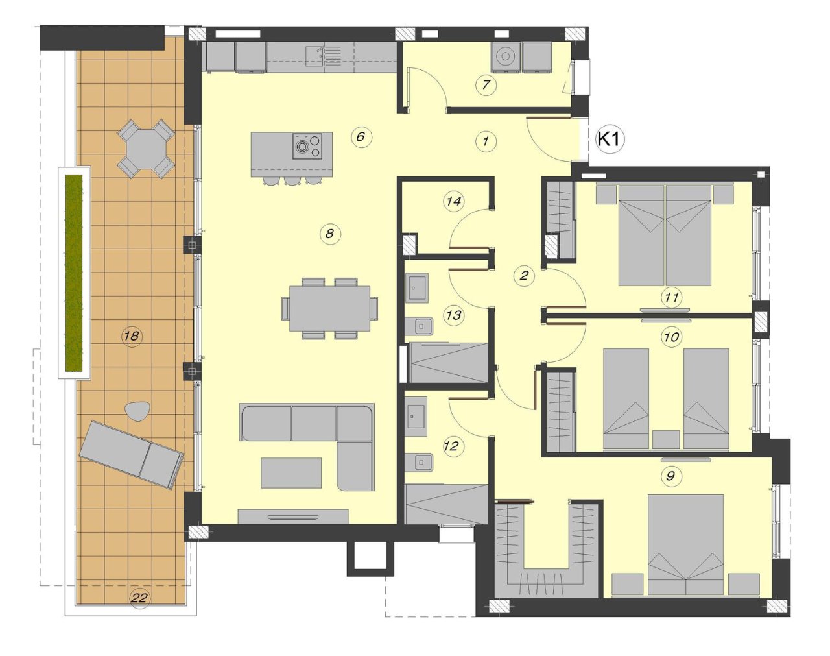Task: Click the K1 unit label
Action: (609, 138)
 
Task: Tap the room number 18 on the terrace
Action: (132, 335)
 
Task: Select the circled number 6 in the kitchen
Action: (361, 136)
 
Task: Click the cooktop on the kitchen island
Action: (307, 146)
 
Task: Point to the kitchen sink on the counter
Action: (316, 56)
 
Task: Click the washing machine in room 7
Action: (505, 57)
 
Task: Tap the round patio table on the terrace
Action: (146, 149)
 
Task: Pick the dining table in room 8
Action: (329, 308)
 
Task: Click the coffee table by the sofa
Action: (291, 472)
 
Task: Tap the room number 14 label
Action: (454, 201)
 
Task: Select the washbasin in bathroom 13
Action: (416, 287)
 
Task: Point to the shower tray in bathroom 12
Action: (446, 504)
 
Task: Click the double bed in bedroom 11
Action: (665, 235)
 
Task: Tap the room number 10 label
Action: (671, 337)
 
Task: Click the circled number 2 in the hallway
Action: (524, 275)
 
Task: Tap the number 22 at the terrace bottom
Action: (139, 597)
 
